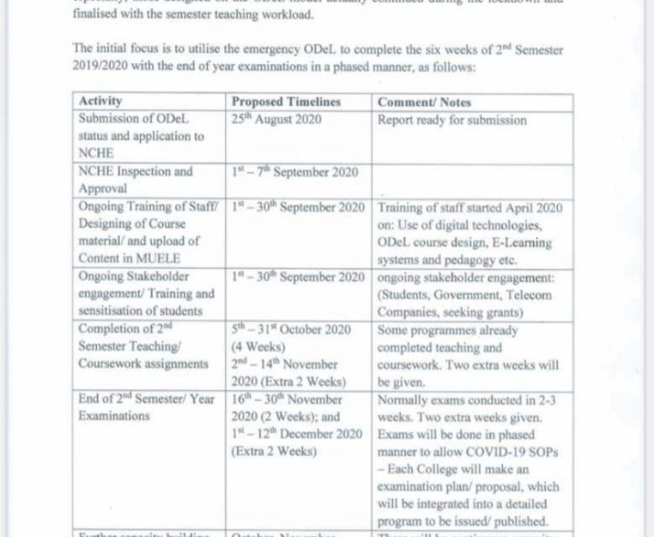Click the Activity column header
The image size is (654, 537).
point(101,102)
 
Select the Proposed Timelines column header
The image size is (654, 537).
point(286,102)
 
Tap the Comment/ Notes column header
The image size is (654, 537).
point(424,102)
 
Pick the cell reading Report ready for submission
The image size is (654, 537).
point(453,120)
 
